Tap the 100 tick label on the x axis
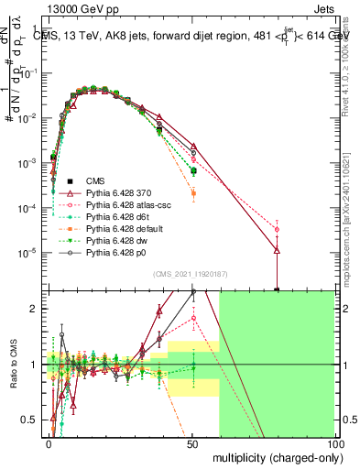[x=334, y=443]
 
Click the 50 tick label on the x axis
[x=192, y=443]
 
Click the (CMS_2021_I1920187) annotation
[x=192, y=274]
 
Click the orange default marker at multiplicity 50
[x=192, y=193]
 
